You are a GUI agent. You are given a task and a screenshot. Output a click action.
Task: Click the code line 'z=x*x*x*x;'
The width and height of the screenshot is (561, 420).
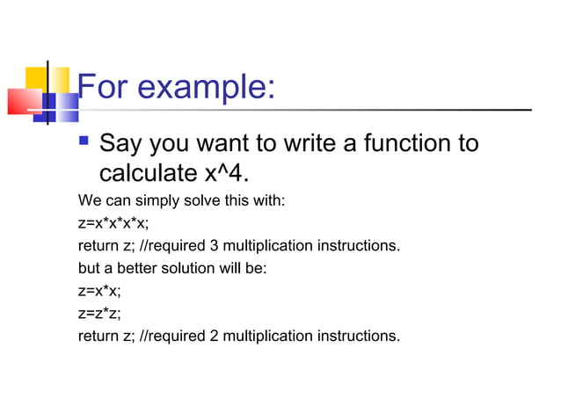(x=113, y=223)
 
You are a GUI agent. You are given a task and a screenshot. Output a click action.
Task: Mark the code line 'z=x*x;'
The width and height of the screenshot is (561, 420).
(x=99, y=290)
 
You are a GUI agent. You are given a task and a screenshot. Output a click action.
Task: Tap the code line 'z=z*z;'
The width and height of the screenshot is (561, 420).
(x=99, y=313)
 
